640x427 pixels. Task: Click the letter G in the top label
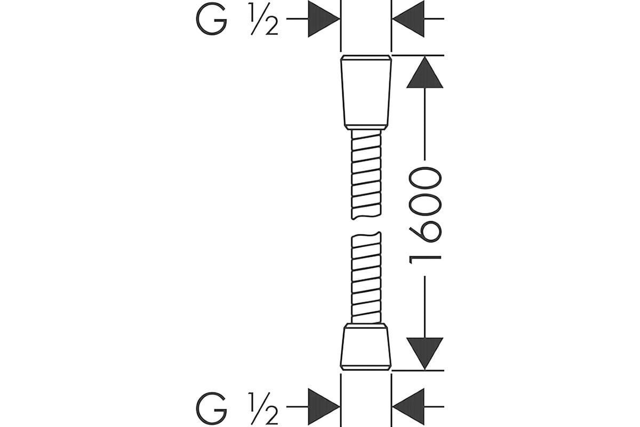coord(211,19)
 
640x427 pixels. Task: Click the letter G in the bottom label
coord(211,408)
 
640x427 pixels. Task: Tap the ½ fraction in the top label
coord(264,19)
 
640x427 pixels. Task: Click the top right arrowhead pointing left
coord(409,19)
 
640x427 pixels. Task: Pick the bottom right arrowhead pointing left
coord(409,406)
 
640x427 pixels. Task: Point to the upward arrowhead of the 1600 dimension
coord(425,72)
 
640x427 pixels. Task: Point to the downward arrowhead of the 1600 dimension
coord(425,353)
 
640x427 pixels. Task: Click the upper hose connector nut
coord(366,92)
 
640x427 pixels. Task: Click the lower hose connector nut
coord(366,347)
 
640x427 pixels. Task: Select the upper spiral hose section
coord(366,175)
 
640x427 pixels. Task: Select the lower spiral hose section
coord(366,278)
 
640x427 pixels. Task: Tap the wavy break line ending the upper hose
coord(366,217)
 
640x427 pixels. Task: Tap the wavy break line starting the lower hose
coord(366,234)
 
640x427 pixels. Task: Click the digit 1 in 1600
coord(426,260)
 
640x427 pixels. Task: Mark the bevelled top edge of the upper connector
coord(366,57)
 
